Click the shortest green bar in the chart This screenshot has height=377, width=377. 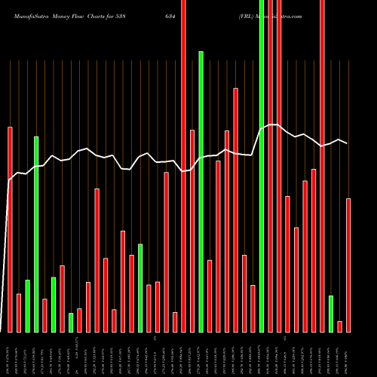[71, 323]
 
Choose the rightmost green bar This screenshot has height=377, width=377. [331, 314]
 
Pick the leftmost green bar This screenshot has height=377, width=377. [27, 306]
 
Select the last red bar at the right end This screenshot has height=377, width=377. [348, 265]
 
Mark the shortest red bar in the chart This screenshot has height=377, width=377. [340, 326]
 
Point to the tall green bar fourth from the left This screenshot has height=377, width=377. [36, 234]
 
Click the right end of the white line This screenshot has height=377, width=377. [348, 143]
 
